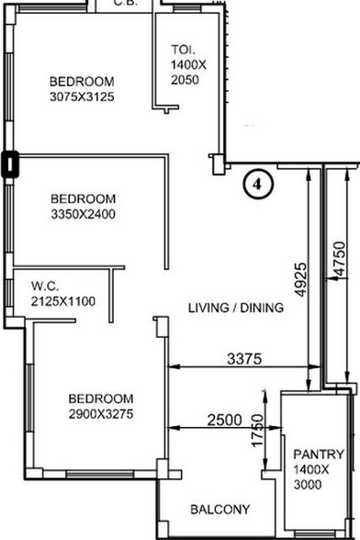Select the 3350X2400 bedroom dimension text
click(x=83, y=215)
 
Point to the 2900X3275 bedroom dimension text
click(x=101, y=415)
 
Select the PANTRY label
click(x=319, y=455)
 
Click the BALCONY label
click(x=219, y=510)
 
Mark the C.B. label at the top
click(x=125, y=4)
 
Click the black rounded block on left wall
click(x=10, y=164)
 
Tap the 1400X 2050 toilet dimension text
click(x=190, y=73)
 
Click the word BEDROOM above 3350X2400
click(x=83, y=199)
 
